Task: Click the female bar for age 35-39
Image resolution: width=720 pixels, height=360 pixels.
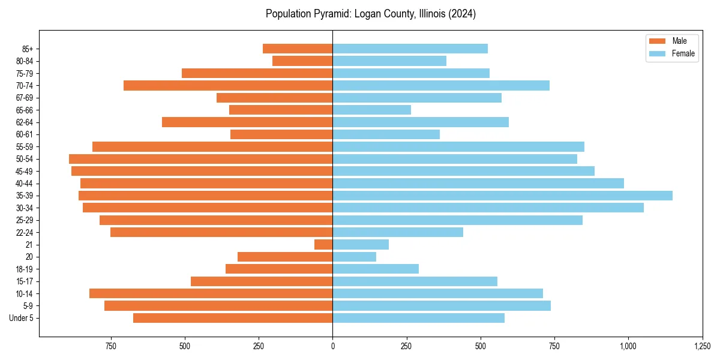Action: tap(502, 196)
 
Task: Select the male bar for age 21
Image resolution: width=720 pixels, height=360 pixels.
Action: tap(323, 245)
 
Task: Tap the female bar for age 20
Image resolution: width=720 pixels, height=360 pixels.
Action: tap(354, 257)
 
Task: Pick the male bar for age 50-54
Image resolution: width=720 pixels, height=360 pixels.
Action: tap(200, 159)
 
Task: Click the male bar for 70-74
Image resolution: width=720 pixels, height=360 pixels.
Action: tap(228, 86)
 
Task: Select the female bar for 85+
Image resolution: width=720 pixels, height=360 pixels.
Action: tap(410, 49)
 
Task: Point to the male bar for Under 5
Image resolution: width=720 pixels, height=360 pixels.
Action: tap(233, 318)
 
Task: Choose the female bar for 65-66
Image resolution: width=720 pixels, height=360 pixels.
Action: tap(371, 110)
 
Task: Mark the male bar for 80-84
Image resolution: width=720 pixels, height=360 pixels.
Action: tap(302, 61)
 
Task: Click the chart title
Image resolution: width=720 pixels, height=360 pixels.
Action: tap(371, 14)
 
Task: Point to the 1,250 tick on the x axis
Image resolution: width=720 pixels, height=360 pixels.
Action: tap(703, 346)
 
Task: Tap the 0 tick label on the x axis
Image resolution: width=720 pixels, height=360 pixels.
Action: tap(332, 346)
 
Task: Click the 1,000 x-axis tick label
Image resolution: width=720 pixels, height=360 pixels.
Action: tap(628, 346)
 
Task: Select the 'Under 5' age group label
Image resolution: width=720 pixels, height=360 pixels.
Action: tap(22, 318)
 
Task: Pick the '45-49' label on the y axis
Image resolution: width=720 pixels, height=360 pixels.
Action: tap(25, 171)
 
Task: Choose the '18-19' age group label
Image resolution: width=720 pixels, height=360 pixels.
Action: tap(25, 269)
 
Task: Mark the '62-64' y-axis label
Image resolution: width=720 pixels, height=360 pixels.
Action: tap(25, 122)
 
